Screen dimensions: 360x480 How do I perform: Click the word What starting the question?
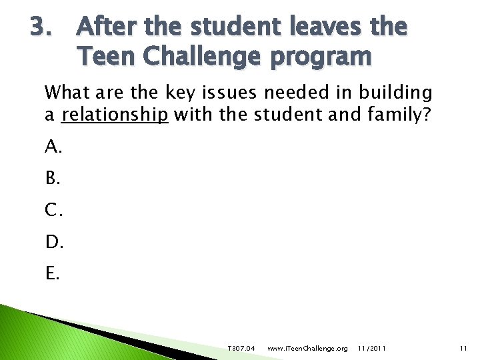[65, 91]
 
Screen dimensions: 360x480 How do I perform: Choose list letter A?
[53, 148]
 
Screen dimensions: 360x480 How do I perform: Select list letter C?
[53, 210]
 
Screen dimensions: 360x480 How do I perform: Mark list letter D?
[53, 241]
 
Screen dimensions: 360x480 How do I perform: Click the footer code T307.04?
[241, 349]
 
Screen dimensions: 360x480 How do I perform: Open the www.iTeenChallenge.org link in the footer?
[307, 349]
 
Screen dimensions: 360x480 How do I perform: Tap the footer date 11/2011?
[371, 349]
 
